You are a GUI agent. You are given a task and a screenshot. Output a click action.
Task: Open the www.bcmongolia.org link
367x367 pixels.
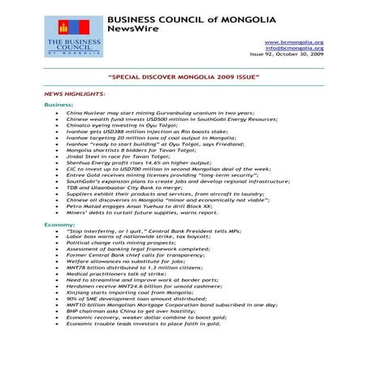(294, 42)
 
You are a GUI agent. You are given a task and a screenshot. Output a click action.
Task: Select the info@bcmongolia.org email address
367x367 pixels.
(295, 49)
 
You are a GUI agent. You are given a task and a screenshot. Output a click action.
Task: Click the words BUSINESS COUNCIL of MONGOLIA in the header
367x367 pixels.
(191, 18)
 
